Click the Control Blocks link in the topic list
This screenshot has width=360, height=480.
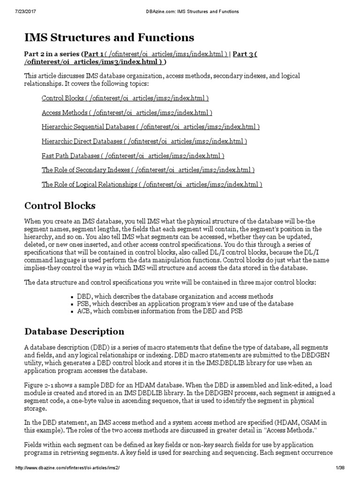[125, 98]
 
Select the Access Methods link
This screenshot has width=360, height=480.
[127, 113]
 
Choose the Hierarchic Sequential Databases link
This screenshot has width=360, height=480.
[150, 127]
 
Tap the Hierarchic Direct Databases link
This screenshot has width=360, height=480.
[144, 142]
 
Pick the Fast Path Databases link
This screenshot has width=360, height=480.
[133, 156]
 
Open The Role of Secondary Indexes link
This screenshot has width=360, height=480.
[148, 170]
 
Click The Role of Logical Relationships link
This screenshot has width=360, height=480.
[152, 185]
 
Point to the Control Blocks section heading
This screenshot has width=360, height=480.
[60, 206]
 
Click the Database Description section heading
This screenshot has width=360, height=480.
[74, 331]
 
